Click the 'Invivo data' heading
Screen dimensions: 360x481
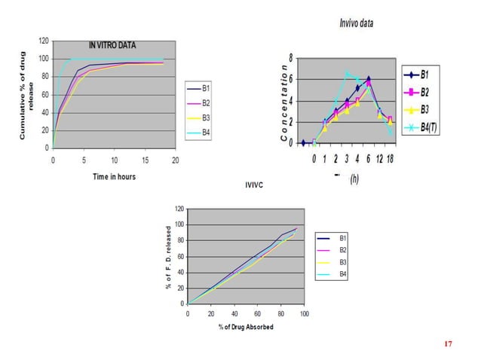(x=356, y=23)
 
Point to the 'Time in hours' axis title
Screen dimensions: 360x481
(x=113, y=175)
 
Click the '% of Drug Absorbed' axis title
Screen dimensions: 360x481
(x=246, y=326)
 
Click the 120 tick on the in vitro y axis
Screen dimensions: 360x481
(x=44, y=41)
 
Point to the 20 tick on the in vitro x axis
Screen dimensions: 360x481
(x=175, y=160)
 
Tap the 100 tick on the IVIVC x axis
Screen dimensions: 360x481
(x=304, y=313)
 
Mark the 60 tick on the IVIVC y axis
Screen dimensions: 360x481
(x=179, y=256)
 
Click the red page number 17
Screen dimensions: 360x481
(x=448, y=343)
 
